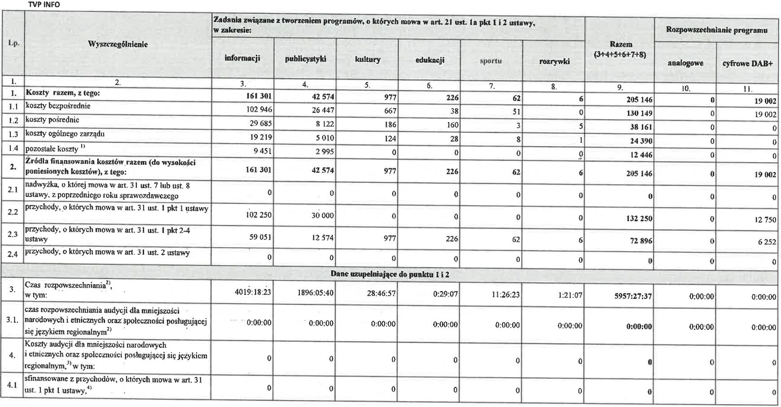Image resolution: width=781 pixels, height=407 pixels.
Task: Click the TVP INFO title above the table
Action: coord(44,4)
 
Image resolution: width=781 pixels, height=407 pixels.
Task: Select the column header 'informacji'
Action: coord(242,58)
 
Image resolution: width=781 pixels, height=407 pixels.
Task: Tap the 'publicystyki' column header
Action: coord(305,59)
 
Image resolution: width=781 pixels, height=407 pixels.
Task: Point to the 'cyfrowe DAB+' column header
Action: coord(747,64)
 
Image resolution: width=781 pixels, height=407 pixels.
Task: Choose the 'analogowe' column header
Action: coord(685,63)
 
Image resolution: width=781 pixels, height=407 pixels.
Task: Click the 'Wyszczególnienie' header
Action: coord(118,44)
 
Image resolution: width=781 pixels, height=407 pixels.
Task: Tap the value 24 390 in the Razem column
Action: coord(640,141)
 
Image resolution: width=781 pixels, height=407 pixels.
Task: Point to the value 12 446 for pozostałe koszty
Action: coord(640,155)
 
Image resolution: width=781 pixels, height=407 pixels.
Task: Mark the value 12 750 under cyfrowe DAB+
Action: coord(765,219)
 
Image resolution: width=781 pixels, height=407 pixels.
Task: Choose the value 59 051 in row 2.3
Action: coord(260,237)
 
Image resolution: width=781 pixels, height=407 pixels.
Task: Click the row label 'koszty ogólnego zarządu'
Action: coord(65,134)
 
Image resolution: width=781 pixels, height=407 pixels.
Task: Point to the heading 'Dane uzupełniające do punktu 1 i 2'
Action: coord(390,274)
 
